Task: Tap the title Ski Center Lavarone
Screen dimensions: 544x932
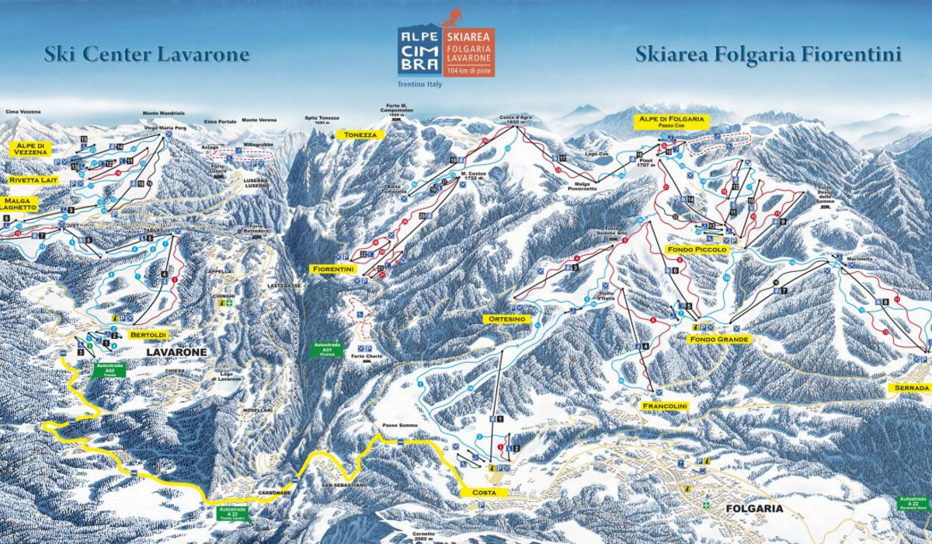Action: point(147,54)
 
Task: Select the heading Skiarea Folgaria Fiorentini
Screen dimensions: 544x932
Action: point(768,54)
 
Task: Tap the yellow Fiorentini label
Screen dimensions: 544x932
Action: point(332,269)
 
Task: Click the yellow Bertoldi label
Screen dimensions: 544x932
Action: point(148,334)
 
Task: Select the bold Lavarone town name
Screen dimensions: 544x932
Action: point(176,352)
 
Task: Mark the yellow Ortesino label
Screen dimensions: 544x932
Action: point(509,319)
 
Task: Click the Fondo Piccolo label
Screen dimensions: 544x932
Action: point(697,249)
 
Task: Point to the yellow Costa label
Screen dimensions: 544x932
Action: point(484,493)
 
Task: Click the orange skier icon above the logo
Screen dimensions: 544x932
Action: point(451,16)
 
